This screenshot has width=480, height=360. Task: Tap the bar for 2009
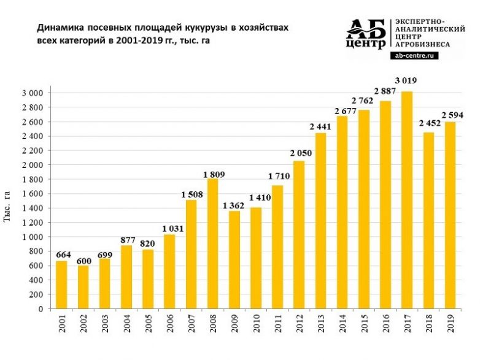(233, 260)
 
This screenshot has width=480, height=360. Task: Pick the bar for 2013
(320, 221)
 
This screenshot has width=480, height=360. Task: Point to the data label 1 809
(212, 174)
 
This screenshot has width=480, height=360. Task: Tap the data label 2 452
(428, 123)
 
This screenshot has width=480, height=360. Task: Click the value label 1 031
(169, 229)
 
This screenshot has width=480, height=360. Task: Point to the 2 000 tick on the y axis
(33, 165)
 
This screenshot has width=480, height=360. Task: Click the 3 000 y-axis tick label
(33, 93)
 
